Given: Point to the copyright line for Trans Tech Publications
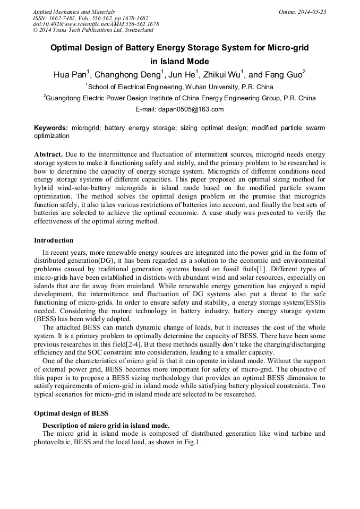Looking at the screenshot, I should click(92, 30).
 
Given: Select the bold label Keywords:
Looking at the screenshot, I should click(51, 128).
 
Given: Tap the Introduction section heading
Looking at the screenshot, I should click(54, 240).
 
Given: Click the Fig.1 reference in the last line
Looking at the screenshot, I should click(191, 442).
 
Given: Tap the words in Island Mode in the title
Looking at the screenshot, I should click(179, 61).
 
